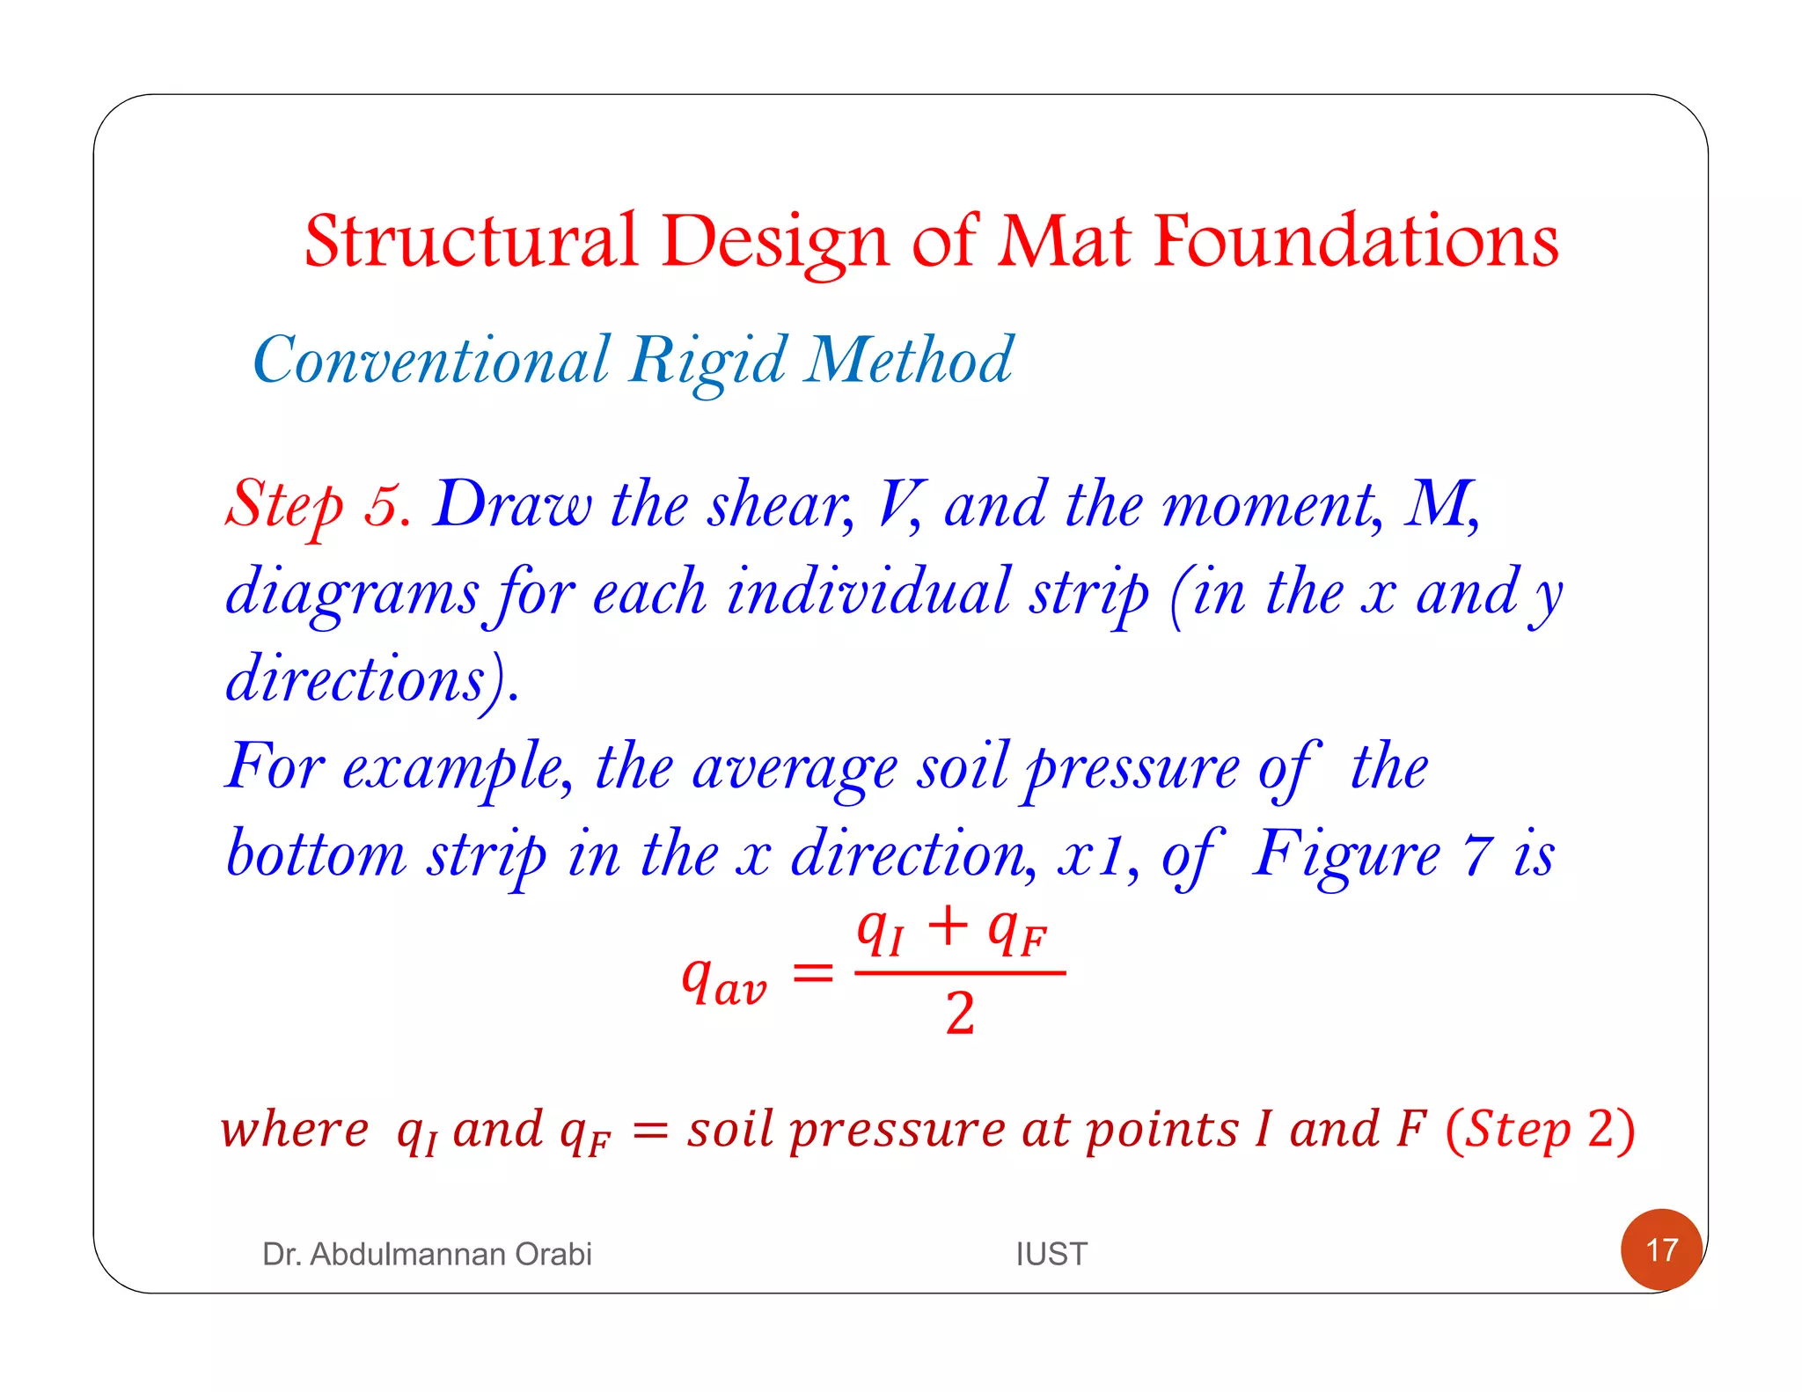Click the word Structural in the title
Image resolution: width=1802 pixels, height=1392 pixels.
[470, 241]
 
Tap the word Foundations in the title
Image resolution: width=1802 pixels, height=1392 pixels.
[1356, 241]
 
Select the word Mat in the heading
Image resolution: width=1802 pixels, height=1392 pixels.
[1064, 241]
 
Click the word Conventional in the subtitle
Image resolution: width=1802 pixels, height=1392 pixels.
[430, 360]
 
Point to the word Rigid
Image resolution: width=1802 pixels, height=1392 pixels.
[707, 362]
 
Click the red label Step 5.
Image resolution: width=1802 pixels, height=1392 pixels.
[317, 505]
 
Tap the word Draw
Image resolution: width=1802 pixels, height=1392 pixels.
[513, 505]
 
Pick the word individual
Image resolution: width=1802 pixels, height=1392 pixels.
[868, 591]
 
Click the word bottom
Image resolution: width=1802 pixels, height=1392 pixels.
[316, 854]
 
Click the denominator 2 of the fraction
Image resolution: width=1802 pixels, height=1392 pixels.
[960, 1014]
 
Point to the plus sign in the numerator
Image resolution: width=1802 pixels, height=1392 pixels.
[948, 927]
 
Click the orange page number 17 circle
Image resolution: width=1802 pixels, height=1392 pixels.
[1661, 1249]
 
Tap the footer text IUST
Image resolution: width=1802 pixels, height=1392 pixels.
[1051, 1254]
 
